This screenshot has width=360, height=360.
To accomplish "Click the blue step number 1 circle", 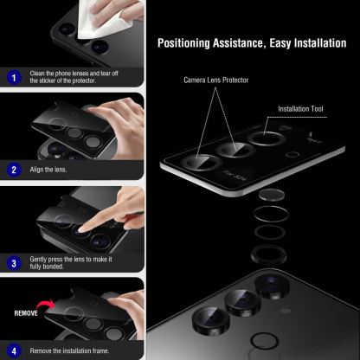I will click(x=14, y=78).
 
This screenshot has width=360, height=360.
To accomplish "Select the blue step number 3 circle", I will click(x=14, y=262).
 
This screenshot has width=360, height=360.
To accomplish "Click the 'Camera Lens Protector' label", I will click(x=215, y=80).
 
